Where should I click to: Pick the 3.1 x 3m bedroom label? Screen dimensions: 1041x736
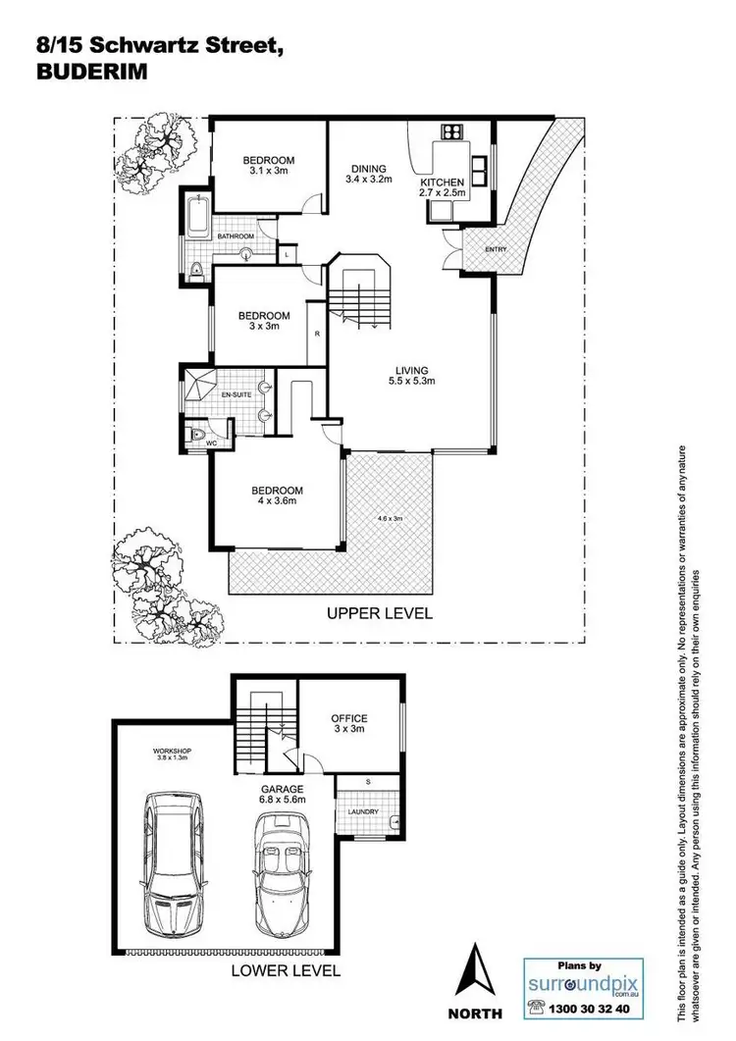click(x=268, y=166)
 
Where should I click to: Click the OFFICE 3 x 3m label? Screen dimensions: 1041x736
click(x=348, y=724)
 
